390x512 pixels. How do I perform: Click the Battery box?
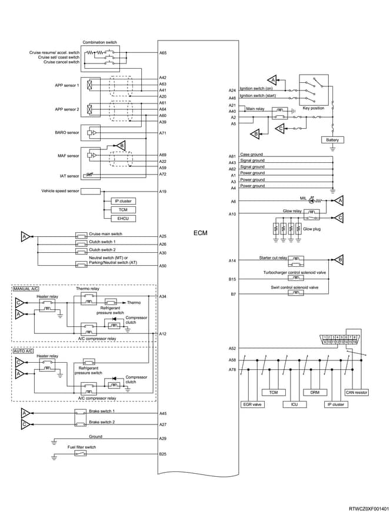332,140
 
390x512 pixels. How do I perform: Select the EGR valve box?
252,404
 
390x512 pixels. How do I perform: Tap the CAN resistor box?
356,392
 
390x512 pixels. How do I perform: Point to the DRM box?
315,392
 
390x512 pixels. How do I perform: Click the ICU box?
295,404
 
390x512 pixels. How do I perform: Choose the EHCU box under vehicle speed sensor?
123,219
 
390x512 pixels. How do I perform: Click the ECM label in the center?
200,233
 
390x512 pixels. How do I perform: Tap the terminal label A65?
163,52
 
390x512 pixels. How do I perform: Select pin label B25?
163,454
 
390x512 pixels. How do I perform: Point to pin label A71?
163,133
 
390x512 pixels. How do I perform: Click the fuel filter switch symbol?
81,454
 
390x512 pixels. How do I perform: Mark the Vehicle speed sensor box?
91,192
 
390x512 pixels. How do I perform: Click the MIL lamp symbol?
312,200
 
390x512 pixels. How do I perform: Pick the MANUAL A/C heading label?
26,289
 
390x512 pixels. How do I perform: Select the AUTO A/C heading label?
23,351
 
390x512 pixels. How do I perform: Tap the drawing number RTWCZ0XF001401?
368,508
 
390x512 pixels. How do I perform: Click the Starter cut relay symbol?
296,260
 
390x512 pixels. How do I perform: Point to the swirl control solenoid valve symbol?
296,293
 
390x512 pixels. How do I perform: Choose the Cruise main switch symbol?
81,235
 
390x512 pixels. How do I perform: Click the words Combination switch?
99,42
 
